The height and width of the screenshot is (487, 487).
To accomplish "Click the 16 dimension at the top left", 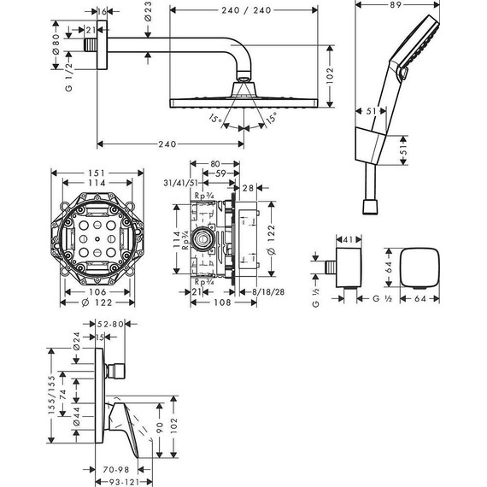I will coord(103,12).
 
